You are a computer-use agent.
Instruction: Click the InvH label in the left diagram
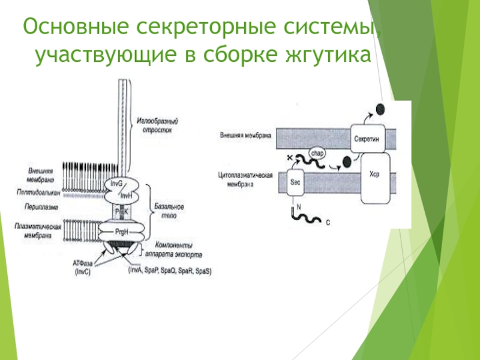click(x=126, y=195)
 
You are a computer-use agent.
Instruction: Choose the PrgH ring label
click(x=121, y=231)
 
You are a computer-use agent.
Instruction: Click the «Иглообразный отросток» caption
click(x=158, y=125)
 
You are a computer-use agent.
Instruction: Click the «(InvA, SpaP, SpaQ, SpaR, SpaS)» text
click(x=170, y=271)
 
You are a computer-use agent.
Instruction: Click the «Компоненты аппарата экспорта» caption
click(x=177, y=250)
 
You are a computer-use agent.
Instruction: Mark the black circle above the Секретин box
click(x=380, y=109)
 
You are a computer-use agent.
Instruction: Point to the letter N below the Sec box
click(x=298, y=206)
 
